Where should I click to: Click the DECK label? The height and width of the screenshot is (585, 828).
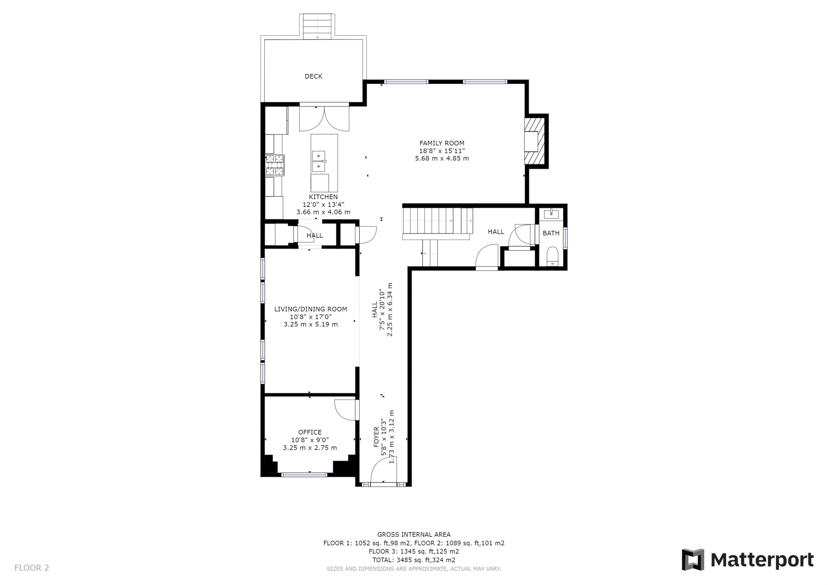tap(314, 76)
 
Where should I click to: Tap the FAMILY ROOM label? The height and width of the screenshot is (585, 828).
tap(442, 143)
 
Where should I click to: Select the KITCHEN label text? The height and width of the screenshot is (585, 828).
tap(323, 197)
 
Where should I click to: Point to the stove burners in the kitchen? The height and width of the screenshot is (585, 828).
tap(275, 165)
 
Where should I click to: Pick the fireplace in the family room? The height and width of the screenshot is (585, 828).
tap(535, 141)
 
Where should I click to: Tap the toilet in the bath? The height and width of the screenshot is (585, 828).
tap(552, 257)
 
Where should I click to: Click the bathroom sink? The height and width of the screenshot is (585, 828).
tap(552, 214)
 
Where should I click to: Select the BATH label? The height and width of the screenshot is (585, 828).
tap(551, 233)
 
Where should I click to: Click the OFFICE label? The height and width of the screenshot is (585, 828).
tap(310, 432)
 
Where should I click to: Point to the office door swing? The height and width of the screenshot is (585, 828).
tap(346, 410)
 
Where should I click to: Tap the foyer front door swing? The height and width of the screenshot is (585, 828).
tap(383, 470)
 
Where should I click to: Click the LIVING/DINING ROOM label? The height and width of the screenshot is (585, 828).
tap(311, 309)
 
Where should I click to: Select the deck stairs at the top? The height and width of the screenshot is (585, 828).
tap(318, 27)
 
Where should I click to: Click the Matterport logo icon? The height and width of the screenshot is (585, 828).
tap(693, 560)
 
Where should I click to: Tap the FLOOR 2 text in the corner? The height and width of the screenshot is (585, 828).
tap(32, 568)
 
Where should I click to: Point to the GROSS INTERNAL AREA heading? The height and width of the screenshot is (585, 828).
tap(414, 535)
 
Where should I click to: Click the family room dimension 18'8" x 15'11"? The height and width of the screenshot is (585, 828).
tap(442, 151)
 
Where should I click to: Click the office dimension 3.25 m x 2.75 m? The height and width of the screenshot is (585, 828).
tap(310, 448)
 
